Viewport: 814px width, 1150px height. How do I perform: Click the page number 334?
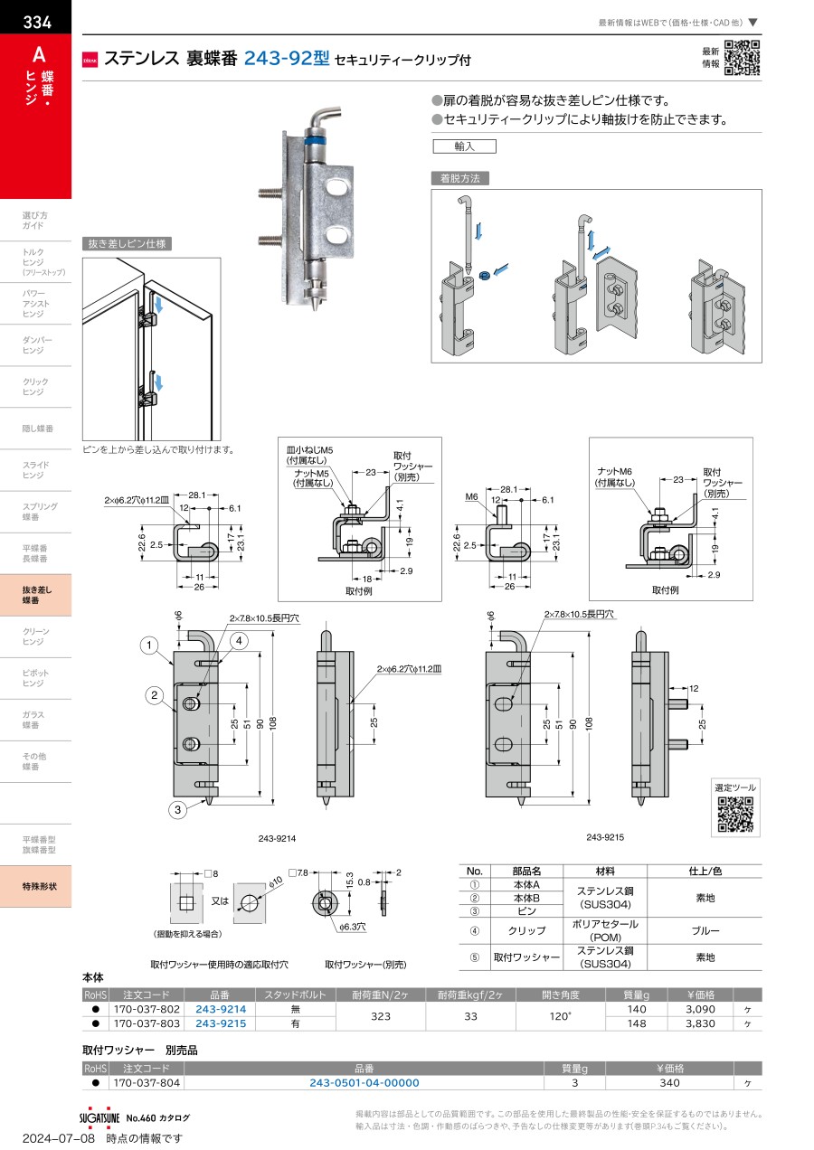coord(37,22)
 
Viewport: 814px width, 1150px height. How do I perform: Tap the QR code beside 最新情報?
coord(743,58)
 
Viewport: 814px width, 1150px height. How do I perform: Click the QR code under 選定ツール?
coord(735,815)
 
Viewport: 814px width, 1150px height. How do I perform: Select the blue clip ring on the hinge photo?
coord(317,140)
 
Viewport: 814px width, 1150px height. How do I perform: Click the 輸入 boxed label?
coord(464,146)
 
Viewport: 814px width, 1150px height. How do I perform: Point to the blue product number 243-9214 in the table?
coord(221,1009)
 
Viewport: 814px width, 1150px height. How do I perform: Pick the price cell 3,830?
coord(700,1023)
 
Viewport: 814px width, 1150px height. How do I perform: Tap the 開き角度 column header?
coord(560,995)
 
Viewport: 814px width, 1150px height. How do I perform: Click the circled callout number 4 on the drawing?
coord(239,641)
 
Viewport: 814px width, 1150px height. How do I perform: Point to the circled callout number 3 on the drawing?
coord(177,810)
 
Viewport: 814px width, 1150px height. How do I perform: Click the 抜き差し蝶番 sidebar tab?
coord(36,595)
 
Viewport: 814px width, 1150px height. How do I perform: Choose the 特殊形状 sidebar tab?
coord(36,886)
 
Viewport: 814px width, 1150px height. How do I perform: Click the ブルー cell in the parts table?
coord(705,931)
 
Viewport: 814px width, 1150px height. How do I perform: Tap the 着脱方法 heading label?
coord(460,178)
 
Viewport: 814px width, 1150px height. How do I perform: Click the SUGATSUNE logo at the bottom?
coord(99,1117)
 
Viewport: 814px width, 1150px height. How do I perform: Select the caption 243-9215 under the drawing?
coord(605,837)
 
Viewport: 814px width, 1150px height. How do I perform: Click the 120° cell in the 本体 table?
coord(560,1016)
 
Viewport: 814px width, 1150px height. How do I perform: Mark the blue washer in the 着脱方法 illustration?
coord(484,275)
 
